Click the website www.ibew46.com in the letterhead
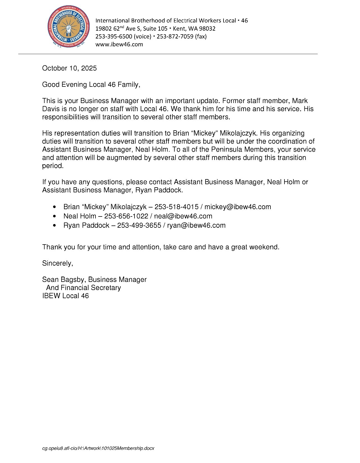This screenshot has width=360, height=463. (119, 44)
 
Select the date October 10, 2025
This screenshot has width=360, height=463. (69, 68)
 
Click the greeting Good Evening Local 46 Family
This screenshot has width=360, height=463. (91, 85)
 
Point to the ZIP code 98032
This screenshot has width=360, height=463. (207, 29)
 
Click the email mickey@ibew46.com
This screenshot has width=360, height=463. (238, 207)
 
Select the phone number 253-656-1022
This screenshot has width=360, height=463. (126, 216)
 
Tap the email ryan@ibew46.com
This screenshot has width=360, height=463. (196, 225)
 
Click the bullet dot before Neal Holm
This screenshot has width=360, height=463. (54, 216)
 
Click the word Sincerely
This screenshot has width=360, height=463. (57, 263)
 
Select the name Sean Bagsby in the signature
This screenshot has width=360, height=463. (64, 280)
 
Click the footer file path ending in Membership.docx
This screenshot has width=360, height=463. (98, 448)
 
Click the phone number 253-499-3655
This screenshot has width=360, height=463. (139, 225)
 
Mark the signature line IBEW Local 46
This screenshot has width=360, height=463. (65, 296)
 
